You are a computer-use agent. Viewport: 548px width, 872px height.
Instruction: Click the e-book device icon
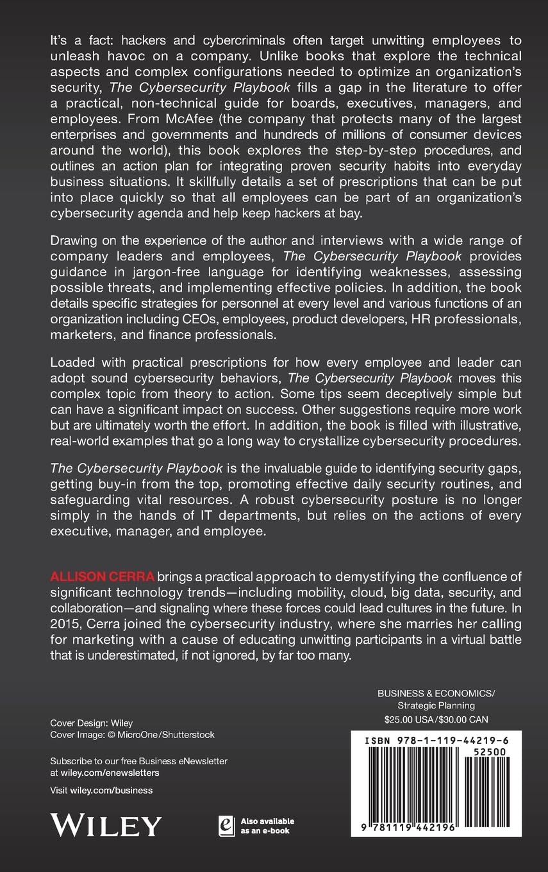[225, 825]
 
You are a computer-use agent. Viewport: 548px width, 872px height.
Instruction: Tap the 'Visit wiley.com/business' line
[101, 791]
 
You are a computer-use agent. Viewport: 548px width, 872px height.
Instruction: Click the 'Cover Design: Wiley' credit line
[92, 723]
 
